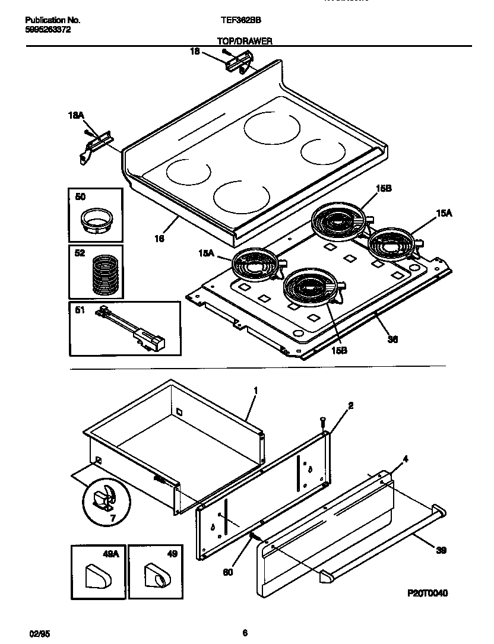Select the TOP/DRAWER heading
[245, 42]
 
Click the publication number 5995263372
[48, 28]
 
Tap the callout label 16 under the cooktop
[159, 238]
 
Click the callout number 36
[392, 340]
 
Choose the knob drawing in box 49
[156, 575]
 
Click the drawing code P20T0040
[427, 592]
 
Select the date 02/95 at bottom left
[37, 633]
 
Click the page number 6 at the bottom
[245, 633]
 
